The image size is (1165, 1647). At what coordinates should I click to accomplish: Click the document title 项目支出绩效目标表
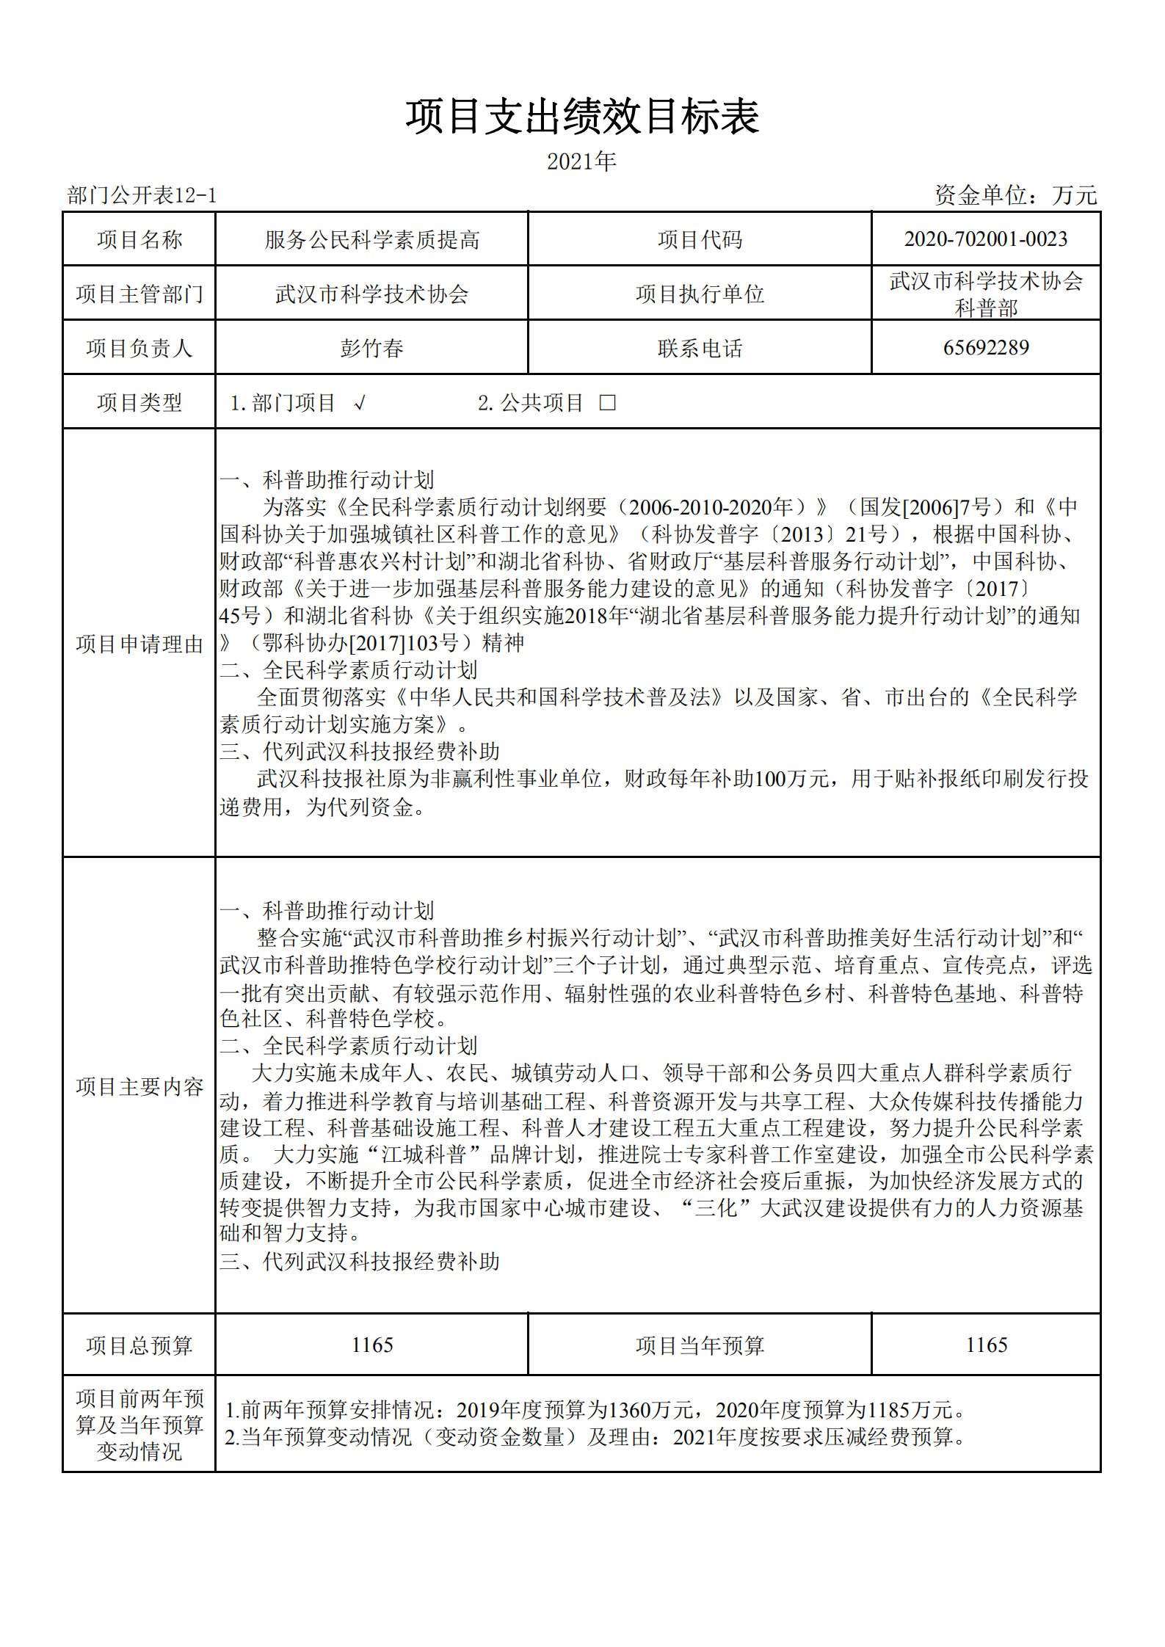click(x=582, y=117)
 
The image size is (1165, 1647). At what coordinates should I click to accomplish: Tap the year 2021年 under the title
click(x=581, y=161)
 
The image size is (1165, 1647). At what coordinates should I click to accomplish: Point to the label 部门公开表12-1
click(x=142, y=195)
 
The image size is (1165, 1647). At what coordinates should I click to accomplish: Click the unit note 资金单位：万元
click(x=1015, y=195)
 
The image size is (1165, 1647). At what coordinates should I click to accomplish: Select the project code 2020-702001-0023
click(x=985, y=239)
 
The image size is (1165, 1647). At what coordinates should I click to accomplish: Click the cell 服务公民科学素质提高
click(x=371, y=240)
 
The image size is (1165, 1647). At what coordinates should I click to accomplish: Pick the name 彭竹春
click(x=371, y=348)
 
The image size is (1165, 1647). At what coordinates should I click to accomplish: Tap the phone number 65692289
click(x=985, y=348)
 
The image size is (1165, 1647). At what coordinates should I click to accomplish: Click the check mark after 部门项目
click(x=359, y=403)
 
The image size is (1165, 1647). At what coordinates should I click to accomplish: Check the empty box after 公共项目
click(x=607, y=403)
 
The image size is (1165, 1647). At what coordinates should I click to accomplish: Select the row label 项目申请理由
click(x=139, y=644)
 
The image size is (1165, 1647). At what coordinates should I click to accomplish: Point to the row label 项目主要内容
click(x=139, y=1086)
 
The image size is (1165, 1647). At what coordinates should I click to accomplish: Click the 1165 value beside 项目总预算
click(x=371, y=1345)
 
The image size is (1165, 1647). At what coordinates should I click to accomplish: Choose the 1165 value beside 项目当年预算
click(x=986, y=1345)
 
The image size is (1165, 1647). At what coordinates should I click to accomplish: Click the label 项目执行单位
click(x=700, y=294)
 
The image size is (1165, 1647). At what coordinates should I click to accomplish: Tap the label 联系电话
click(x=700, y=349)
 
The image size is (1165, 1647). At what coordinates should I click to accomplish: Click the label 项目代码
click(x=700, y=240)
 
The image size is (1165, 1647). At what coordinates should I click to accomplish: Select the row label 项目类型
click(x=139, y=403)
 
